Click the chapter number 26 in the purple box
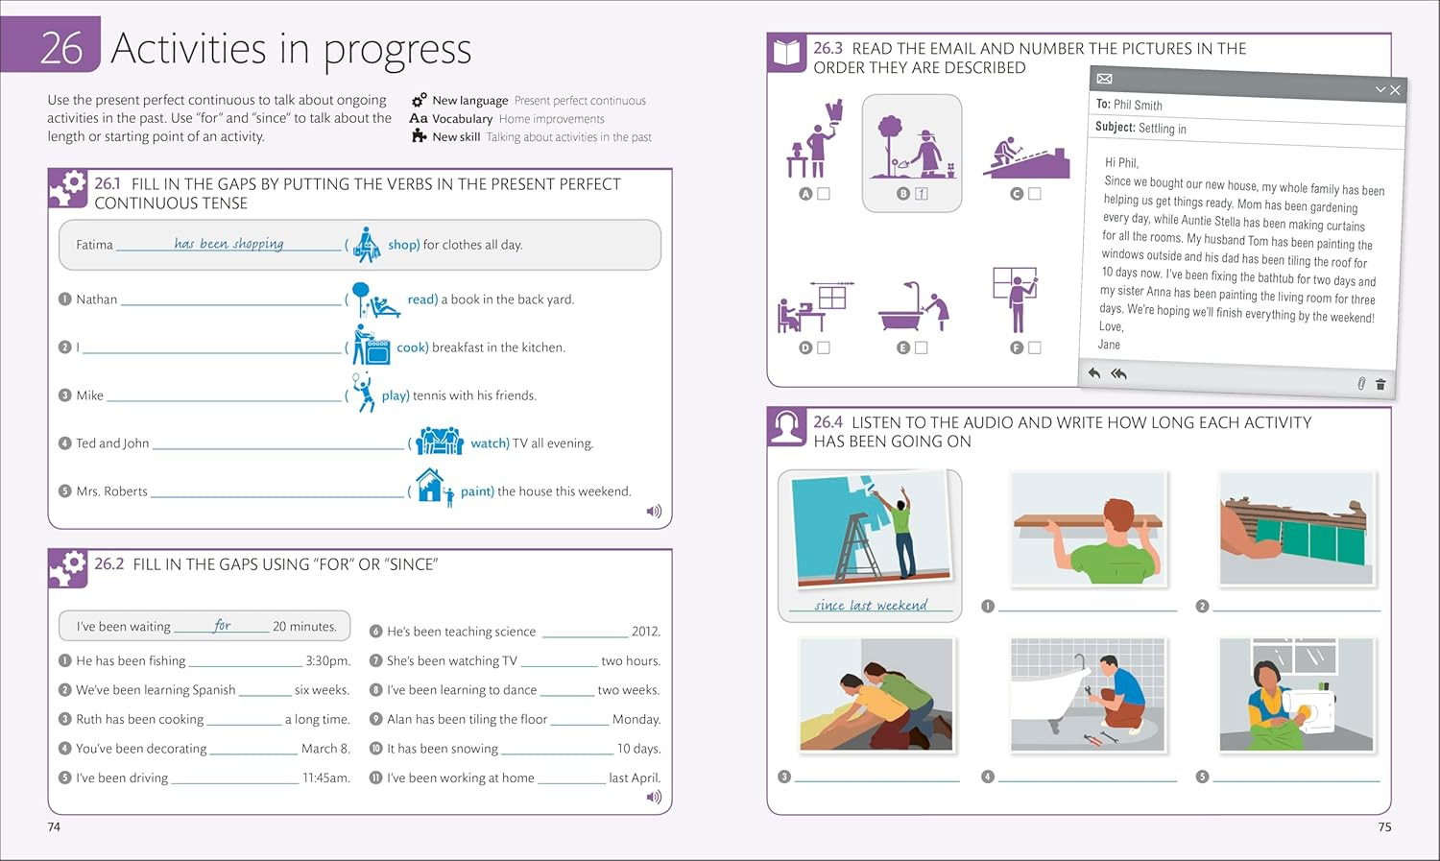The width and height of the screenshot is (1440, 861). tap(61, 48)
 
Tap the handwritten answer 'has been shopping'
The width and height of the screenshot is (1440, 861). tap(228, 244)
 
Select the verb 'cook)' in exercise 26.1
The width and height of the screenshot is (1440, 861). tap(413, 347)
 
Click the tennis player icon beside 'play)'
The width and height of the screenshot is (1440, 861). tap(363, 393)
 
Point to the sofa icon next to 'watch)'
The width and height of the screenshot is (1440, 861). tap(440, 441)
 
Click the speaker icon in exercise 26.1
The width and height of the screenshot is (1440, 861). tap(654, 512)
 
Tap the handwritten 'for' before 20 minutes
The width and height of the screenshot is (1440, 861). tap(222, 625)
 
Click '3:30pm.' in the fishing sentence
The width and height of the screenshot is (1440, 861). tap(328, 660)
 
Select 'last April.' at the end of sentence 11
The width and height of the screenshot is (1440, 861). tap(635, 777)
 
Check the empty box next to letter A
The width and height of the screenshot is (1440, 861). tap(824, 193)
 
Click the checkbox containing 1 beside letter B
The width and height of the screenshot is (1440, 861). tap(922, 193)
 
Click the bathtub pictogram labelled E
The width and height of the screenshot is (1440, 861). tap(914, 306)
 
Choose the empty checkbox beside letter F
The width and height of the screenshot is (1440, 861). tap(1034, 347)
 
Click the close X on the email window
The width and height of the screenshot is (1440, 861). tap(1395, 90)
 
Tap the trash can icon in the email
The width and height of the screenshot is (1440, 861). tap(1380, 384)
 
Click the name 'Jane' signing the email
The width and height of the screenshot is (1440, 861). tap(1109, 345)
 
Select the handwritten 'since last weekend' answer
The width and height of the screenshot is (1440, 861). tap(871, 605)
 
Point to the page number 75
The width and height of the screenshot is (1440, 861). tap(1384, 827)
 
